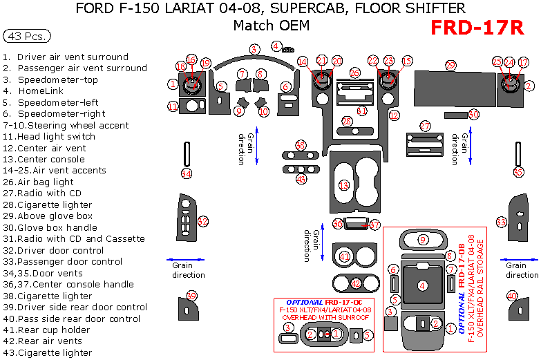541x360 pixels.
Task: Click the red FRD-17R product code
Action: pos(477,27)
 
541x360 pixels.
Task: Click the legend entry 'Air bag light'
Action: pos(47,182)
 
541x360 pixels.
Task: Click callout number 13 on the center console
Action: pos(344,185)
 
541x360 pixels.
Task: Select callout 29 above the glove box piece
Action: pos(450,65)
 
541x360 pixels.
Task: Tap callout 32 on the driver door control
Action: pos(203,221)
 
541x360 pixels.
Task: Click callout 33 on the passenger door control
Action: pos(502,221)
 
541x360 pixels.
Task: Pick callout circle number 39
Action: pos(191,295)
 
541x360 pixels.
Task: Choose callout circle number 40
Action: pos(512,295)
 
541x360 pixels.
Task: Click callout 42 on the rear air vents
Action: pos(356,283)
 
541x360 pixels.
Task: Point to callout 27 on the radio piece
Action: pos(426,126)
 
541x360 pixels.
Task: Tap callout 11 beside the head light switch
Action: pos(173,106)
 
